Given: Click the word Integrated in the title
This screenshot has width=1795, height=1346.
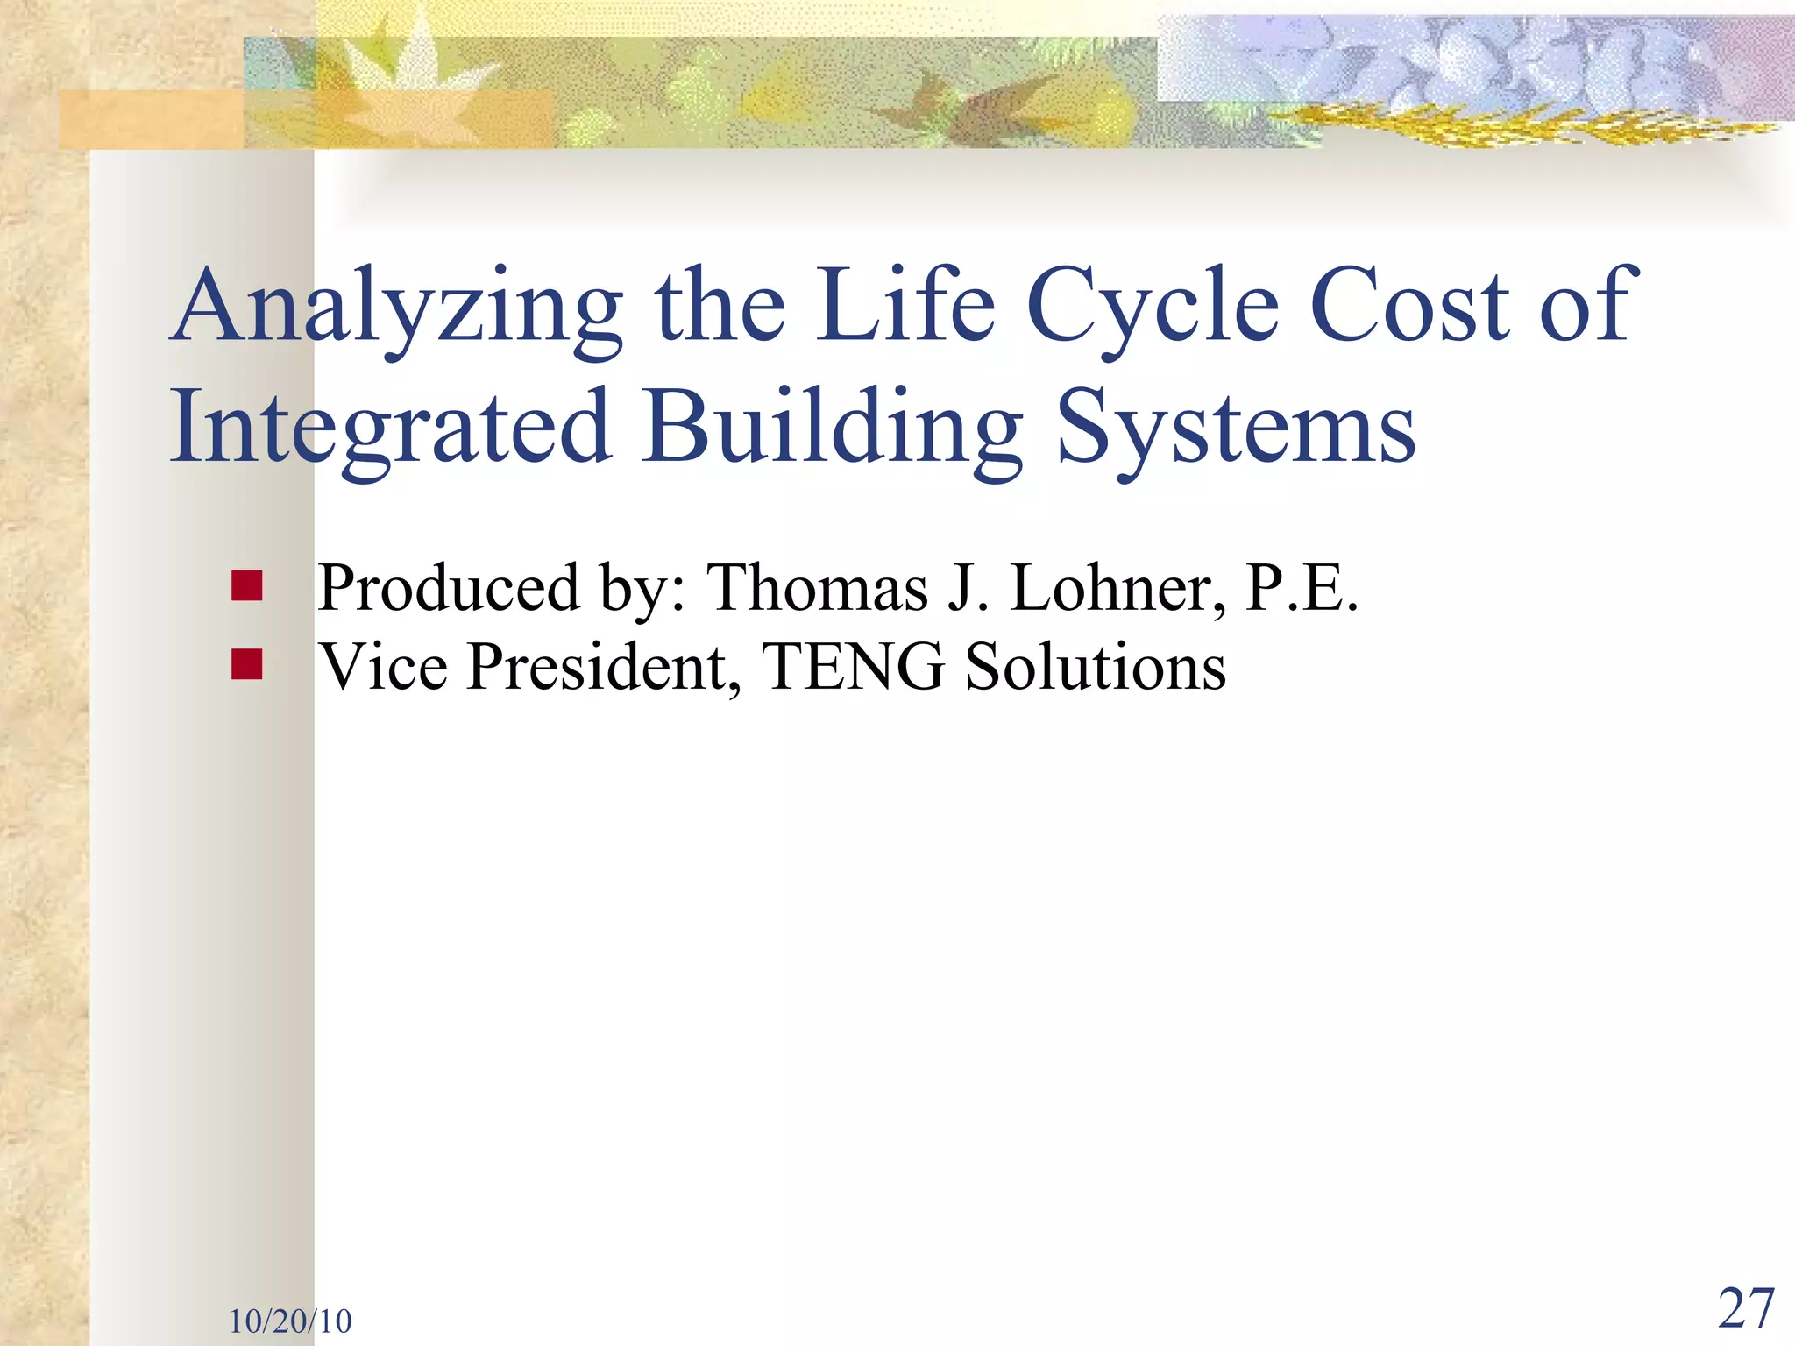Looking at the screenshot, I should pyautogui.click(x=390, y=429).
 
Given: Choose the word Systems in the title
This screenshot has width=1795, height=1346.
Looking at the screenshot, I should pyautogui.click(x=1236, y=429).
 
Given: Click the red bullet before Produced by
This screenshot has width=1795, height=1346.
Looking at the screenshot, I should pyautogui.click(x=247, y=586).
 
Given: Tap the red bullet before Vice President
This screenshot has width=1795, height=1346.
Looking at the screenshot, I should pyautogui.click(x=247, y=664).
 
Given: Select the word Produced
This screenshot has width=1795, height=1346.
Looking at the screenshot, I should pyautogui.click(x=449, y=588).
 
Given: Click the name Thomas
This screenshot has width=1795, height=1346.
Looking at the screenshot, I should pyautogui.click(x=817, y=588).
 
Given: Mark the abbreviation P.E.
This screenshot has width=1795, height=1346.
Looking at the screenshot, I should pyautogui.click(x=1302, y=588).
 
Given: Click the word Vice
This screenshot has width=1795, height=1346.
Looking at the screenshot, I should pyautogui.click(x=383, y=667).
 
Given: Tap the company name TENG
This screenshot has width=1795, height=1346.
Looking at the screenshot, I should pyautogui.click(x=854, y=667).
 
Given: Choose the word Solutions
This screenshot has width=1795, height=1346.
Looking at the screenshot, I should pyautogui.click(x=1095, y=667).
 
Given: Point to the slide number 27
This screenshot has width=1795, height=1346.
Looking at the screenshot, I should pyautogui.click(x=1746, y=1309).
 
